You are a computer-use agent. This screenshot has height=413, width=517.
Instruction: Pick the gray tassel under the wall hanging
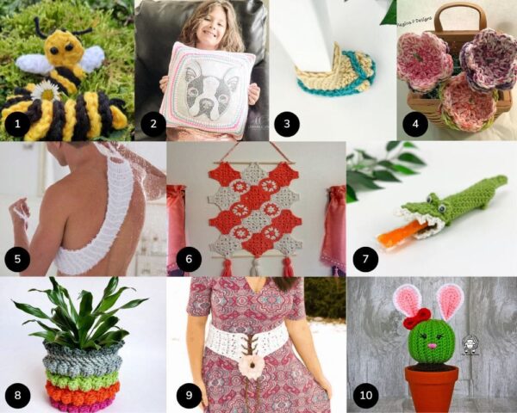(255, 267)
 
